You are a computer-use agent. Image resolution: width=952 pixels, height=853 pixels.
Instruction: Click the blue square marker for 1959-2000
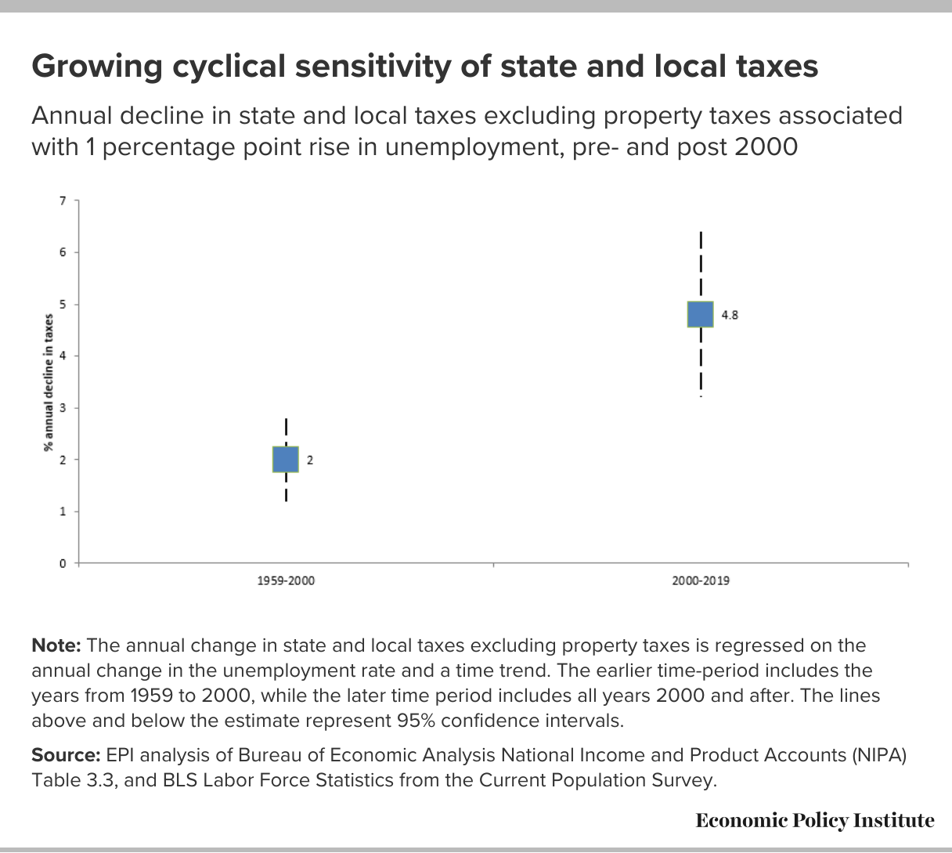tap(286, 460)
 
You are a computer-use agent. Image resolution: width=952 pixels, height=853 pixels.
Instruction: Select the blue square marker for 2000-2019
tap(700, 314)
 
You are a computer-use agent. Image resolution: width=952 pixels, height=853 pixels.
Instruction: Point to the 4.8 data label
tap(730, 315)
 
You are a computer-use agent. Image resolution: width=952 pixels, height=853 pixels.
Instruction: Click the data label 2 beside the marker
tap(310, 461)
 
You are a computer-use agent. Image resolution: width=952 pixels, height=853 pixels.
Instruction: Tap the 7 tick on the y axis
tap(63, 201)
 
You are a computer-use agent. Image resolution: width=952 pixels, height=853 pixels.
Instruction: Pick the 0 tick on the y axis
tap(63, 563)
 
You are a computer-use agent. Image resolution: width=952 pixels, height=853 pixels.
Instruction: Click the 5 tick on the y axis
tap(63, 305)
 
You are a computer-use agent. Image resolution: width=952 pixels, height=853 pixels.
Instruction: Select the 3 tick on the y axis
tap(63, 408)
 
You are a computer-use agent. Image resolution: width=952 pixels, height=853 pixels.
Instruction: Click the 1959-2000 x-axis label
tap(286, 580)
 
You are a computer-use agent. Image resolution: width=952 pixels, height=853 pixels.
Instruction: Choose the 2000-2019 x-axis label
tap(701, 580)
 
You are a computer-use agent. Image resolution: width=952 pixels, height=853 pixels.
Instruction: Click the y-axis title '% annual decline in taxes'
tap(48, 382)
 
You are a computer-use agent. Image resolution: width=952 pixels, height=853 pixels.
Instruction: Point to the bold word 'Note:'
tap(56, 645)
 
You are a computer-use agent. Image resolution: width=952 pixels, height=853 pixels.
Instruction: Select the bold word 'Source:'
tap(67, 755)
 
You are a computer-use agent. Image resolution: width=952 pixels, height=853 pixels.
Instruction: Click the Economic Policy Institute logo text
tap(815, 821)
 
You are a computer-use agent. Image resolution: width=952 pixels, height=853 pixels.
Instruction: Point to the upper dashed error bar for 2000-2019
tap(701, 266)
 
